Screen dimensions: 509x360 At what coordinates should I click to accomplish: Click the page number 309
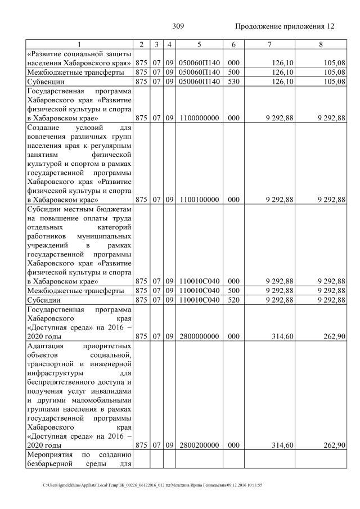pos(178,26)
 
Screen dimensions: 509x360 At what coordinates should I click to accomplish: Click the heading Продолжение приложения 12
pos(285,26)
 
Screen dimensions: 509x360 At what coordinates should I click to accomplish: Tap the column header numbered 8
pos(321,44)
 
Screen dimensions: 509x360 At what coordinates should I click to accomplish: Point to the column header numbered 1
pos(79,44)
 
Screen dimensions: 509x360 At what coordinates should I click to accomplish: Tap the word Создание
pos(44,128)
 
